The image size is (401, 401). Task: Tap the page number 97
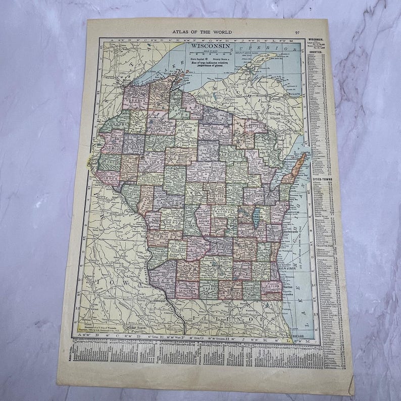(297, 33)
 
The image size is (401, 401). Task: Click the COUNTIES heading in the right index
(316, 53)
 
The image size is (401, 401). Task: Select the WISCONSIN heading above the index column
(316, 38)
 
